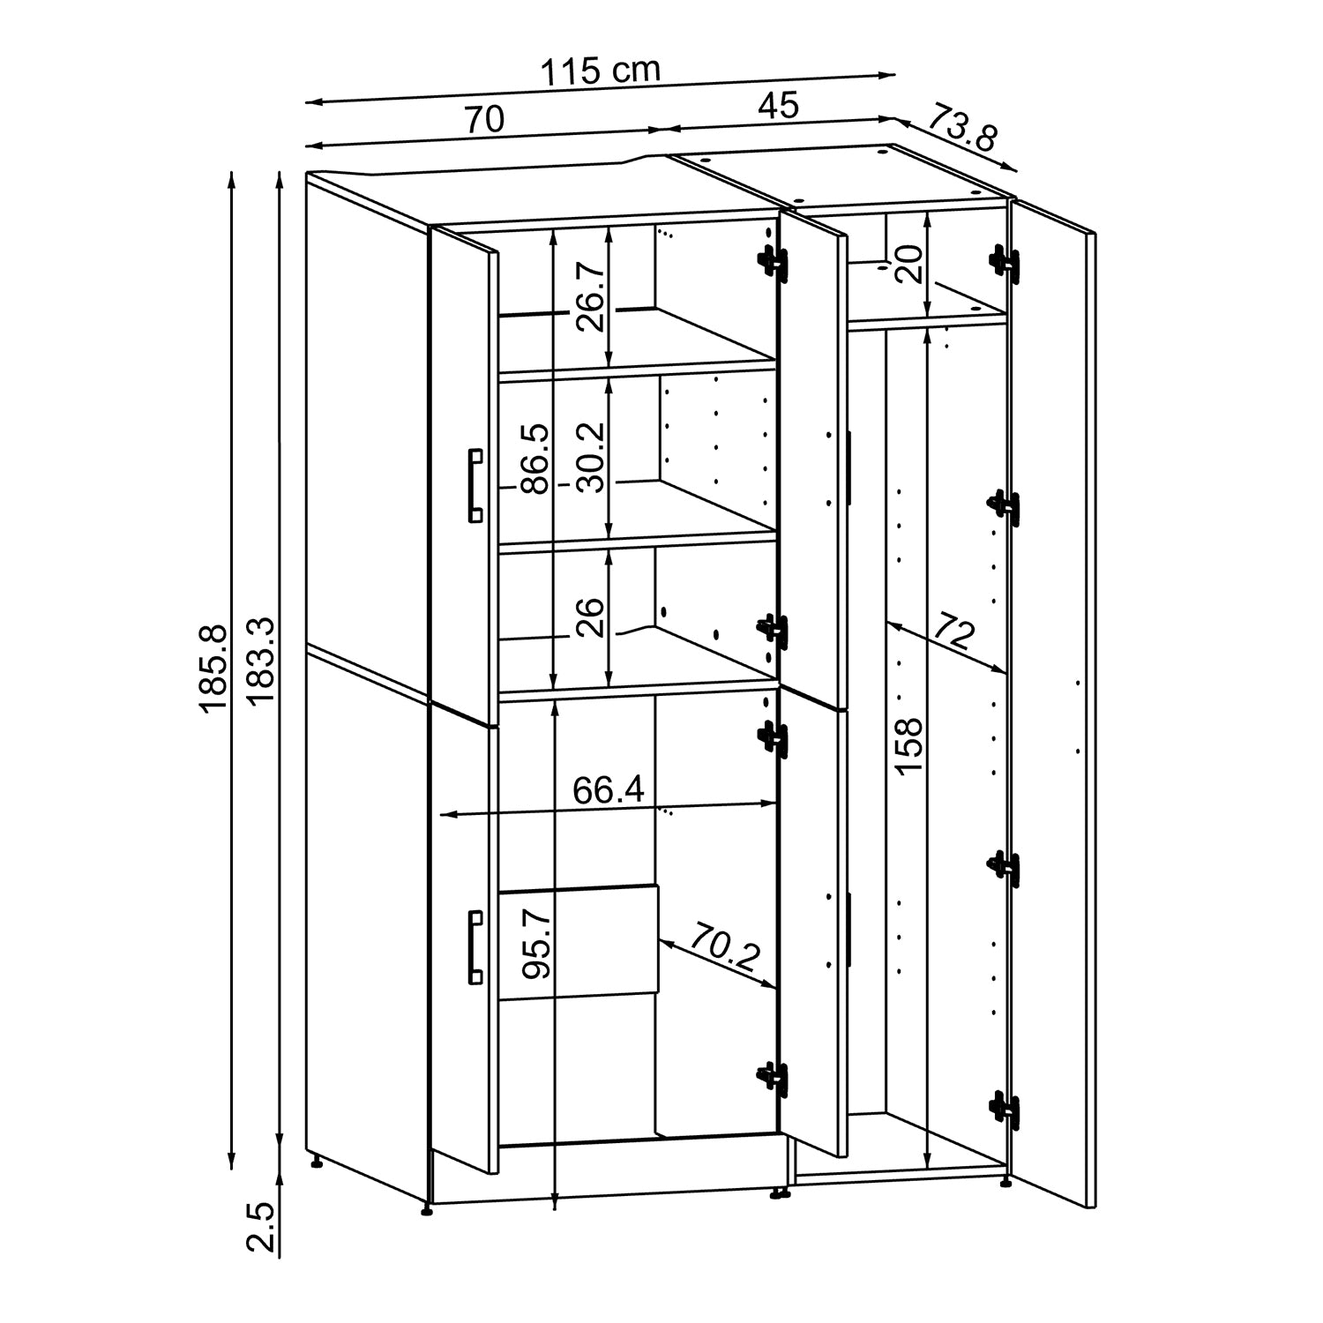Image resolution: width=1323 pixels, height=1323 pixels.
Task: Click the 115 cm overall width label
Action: (600, 71)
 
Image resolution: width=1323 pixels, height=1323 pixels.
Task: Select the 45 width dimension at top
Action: (778, 106)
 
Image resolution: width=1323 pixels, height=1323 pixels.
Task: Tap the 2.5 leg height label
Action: (262, 1225)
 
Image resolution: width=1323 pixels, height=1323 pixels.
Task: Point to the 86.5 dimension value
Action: (534, 458)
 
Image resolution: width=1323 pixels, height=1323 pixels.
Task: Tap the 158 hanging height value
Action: (908, 745)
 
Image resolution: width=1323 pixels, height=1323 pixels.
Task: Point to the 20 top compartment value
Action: (908, 262)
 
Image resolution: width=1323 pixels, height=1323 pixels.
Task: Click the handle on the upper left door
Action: (475, 485)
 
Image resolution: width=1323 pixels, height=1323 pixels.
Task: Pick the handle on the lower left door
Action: (475, 947)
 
